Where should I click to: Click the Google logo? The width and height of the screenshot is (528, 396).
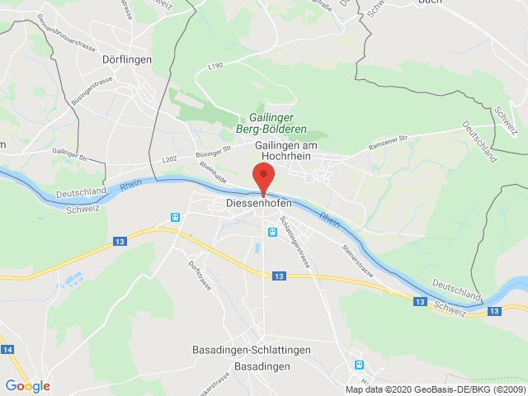27,385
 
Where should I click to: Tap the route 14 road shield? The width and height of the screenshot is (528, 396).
8,351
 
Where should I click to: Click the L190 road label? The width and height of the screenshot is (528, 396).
216,64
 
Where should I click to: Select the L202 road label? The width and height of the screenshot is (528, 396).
170,159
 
